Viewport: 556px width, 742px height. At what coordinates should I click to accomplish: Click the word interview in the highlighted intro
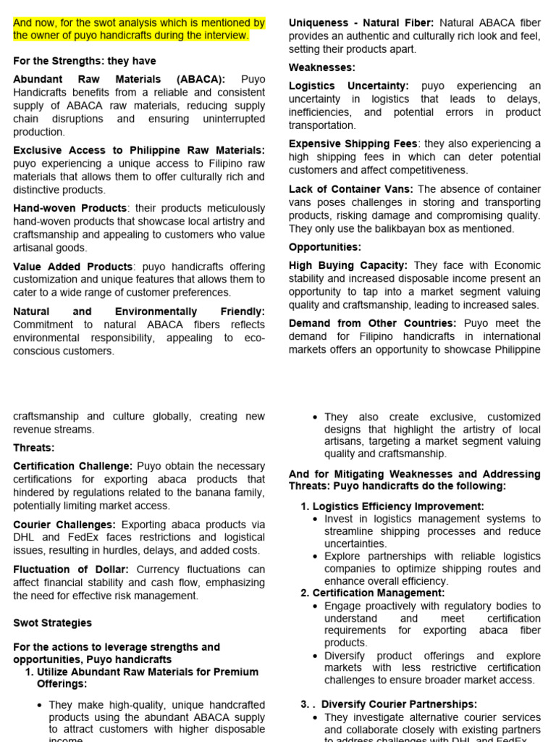click(226, 36)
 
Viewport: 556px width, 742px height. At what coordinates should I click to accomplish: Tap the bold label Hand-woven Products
click(69, 209)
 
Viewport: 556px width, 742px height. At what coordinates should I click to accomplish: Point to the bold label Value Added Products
click(72, 267)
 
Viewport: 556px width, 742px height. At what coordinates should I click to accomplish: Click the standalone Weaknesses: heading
click(321, 67)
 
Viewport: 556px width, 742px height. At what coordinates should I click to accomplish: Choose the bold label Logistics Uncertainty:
click(349, 86)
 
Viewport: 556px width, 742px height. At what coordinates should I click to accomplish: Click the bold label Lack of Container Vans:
click(351, 189)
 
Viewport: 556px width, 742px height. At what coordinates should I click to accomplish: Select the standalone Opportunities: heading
click(324, 247)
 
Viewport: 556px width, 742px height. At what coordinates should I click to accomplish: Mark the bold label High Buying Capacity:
click(348, 266)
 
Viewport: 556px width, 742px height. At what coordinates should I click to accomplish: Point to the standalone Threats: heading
click(33, 448)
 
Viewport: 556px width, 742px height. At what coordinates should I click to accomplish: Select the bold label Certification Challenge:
click(72, 466)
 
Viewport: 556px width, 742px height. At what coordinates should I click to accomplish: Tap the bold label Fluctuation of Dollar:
click(71, 570)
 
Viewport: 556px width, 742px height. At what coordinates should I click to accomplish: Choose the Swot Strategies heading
click(52, 622)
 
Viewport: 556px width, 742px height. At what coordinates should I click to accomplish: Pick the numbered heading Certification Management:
click(379, 593)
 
